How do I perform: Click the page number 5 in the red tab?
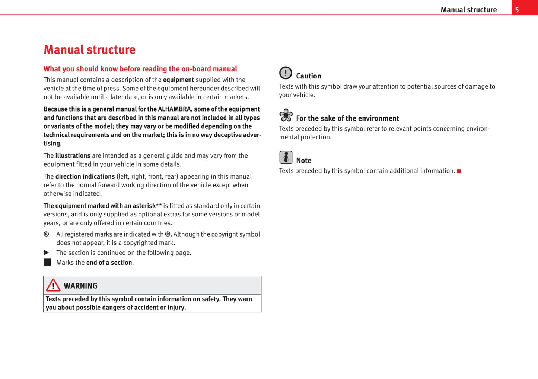(x=517, y=10)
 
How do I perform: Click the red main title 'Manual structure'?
(x=89, y=49)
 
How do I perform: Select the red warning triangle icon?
(x=53, y=285)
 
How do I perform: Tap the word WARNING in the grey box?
(x=80, y=286)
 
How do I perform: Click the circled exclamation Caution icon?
(x=286, y=73)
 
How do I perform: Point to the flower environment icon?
(x=286, y=115)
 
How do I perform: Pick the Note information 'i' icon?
(x=286, y=157)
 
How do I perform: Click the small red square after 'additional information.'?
(x=459, y=171)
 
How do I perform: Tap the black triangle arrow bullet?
(x=47, y=253)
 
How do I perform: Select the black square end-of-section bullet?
(x=47, y=262)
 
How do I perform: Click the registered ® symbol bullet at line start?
(x=46, y=234)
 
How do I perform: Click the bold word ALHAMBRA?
(x=174, y=109)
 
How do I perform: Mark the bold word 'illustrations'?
(x=73, y=156)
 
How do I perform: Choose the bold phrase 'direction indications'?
(x=85, y=177)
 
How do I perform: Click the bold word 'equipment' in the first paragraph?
(x=178, y=80)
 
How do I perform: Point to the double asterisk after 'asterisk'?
(x=159, y=205)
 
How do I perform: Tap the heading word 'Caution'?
(x=308, y=76)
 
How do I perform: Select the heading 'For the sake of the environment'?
(x=347, y=118)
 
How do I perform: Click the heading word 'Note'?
(x=303, y=161)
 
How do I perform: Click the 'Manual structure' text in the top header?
(x=468, y=10)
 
